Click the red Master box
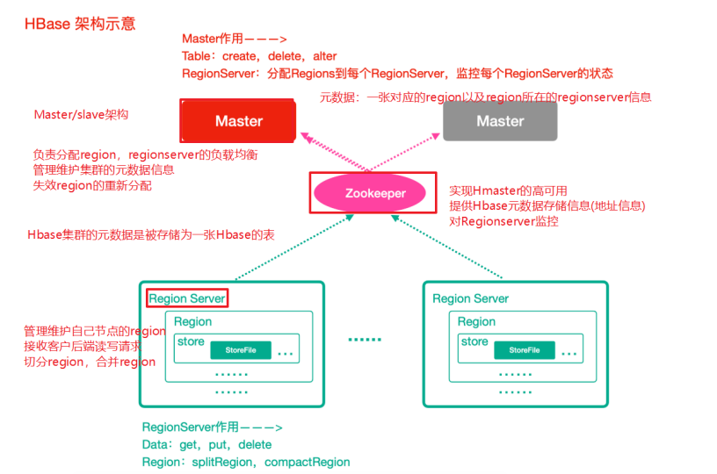click(x=238, y=121)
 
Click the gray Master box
click(x=500, y=121)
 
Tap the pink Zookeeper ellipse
click(x=369, y=193)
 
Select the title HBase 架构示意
click(x=80, y=24)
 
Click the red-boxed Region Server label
click(x=187, y=298)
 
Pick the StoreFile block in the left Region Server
click(x=241, y=350)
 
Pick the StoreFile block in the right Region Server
click(x=525, y=350)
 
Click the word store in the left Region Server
click(x=191, y=341)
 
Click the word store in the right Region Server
click(x=474, y=341)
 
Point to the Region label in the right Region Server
click(x=476, y=321)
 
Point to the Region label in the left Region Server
click(x=192, y=321)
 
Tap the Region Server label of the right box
click(x=471, y=298)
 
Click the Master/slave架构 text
click(x=82, y=114)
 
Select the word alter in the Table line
click(x=324, y=56)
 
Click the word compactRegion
click(x=308, y=462)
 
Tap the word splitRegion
click(x=222, y=462)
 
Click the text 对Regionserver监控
click(x=503, y=221)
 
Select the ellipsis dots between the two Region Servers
click(x=365, y=340)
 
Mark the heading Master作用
click(x=213, y=39)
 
